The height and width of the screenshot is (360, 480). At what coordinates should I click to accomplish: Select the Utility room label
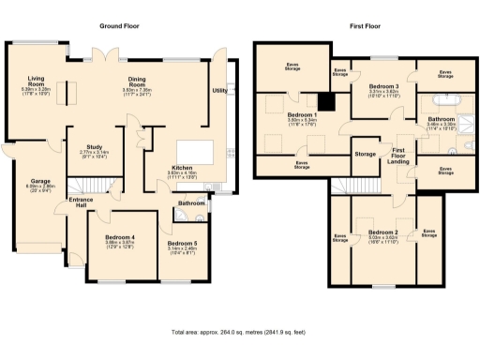(x=219, y=91)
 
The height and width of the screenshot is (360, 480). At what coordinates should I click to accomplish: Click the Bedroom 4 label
(x=121, y=238)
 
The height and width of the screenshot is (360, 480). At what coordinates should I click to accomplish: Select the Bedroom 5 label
(x=183, y=243)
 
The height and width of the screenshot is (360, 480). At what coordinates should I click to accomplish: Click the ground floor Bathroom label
(x=193, y=202)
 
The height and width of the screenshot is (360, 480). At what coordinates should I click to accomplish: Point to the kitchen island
(x=197, y=151)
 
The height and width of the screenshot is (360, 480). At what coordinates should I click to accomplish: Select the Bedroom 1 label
(x=302, y=116)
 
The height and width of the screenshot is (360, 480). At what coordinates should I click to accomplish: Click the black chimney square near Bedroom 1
(x=326, y=102)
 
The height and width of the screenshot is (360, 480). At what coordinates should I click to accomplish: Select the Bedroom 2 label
(x=382, y=232)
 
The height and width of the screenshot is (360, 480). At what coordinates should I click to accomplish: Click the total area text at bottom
(x=239, y=332)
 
